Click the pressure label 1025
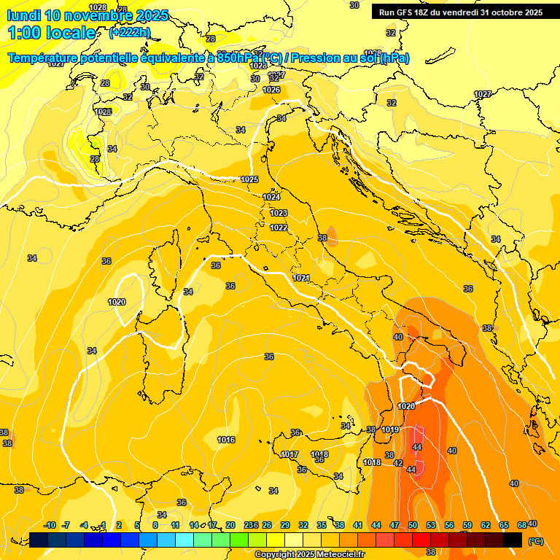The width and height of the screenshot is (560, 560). click(249, 179)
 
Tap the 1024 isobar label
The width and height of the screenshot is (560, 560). click(271, 197)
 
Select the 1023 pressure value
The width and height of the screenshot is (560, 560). click(279, 213)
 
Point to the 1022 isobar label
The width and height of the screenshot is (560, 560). click(279, 227)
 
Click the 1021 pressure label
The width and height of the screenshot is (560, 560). click(302, 278)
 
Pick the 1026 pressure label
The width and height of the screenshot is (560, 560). click(271, 90)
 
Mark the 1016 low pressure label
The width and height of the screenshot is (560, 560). click(226, 440)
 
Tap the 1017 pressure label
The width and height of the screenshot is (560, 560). click(289, 454)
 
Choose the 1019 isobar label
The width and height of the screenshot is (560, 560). click(390, 429)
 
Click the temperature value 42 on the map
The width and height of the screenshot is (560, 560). click(398, 463)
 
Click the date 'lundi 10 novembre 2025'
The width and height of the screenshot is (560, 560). click(87, 15)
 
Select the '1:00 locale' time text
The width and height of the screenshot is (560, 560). click(51, 33)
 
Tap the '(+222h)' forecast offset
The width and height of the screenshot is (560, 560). click(130, 33)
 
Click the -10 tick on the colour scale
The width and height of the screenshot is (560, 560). click(50, 525)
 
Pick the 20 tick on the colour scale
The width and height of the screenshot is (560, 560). click(230, 525)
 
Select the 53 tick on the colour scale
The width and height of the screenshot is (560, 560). click(431, 525)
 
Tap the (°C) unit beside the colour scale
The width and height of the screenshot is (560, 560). click(535, 541)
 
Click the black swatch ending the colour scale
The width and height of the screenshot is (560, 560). click(513, 540)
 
